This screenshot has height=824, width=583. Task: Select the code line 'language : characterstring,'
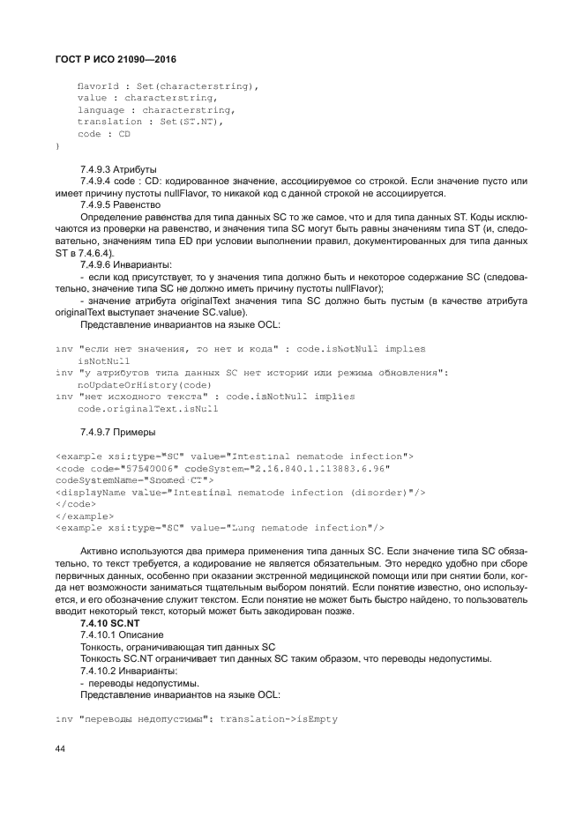pyautogui.click(x=156, y=110)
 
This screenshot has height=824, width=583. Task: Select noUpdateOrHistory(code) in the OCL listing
pyautogui.click(x=144, y=385)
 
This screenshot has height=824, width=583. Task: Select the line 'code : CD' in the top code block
pyautogui.click(x=103, y=134)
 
